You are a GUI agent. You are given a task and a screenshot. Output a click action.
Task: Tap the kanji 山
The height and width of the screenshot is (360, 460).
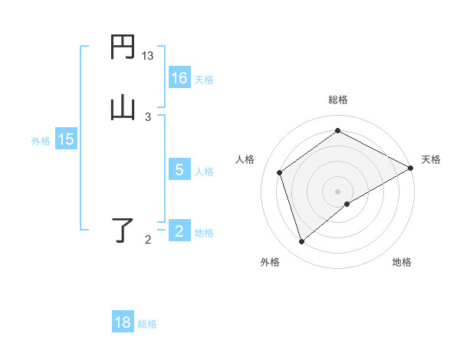tap(123, 107)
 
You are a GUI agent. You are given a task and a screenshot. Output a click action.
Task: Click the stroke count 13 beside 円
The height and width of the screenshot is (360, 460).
tap(148, 56)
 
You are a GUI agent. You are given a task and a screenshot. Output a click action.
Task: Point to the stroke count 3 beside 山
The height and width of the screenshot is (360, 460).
tap(148, 116)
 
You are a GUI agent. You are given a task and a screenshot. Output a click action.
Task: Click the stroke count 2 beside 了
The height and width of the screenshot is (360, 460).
tap(148, 241)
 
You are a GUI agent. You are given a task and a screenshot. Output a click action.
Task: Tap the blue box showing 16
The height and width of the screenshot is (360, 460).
tap(179, 78)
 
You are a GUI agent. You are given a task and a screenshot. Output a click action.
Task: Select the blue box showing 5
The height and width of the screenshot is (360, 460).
tap(179, 170)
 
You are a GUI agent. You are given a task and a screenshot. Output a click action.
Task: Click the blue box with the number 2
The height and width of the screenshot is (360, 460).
tap(179, 231)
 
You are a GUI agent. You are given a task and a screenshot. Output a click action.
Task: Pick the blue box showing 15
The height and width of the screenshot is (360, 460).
tap(66, 139)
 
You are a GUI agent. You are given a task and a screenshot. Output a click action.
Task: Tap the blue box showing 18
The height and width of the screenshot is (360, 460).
tap(123, 322)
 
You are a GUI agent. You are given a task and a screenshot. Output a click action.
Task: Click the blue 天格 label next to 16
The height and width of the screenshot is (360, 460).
tap(204, 80)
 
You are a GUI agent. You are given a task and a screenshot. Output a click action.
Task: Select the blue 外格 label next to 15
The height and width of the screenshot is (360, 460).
tap(41, 141)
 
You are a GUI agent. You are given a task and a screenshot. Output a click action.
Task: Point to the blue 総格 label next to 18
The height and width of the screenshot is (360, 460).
tap(147, 324)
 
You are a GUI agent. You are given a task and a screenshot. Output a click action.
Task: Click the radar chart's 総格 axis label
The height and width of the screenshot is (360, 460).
tap(338, 100)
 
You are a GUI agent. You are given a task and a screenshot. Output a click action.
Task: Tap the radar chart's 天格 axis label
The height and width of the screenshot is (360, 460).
tap(431, 159)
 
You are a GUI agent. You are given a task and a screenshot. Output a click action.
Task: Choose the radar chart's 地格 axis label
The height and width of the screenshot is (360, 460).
tap(402, 262)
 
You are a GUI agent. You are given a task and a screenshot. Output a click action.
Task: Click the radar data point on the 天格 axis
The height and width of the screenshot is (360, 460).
tap(411, 168)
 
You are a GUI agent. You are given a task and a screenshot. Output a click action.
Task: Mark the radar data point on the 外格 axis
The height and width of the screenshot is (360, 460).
tap(301, 242)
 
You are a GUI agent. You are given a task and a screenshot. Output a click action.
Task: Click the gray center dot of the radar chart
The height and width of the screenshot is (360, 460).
tap(338, 191)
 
